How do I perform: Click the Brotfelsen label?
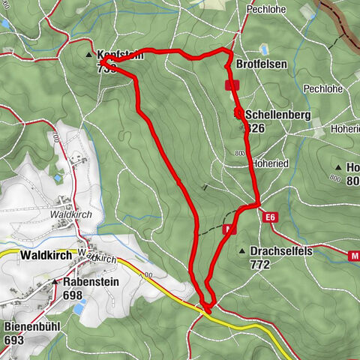point(262,65)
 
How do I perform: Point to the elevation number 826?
point(255,128)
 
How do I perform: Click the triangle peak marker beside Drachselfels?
point(242,251)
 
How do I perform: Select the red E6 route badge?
point(271,217)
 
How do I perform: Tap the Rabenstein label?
point(91,282)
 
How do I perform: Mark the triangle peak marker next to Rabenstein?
point(55,282)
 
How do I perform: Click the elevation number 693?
point(13,340)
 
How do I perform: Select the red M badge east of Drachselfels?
point(354,256)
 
